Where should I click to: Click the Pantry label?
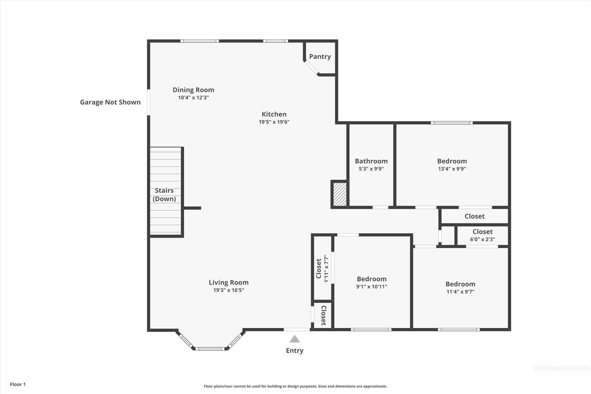point(320,57)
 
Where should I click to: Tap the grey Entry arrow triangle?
point(295,339)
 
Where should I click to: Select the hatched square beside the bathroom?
point(340,195)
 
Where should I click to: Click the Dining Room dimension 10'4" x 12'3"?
point(194,98)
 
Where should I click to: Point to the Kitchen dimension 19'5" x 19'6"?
point(274,122)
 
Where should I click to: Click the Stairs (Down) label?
point(164,195)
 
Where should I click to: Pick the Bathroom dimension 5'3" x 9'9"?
point(371,169)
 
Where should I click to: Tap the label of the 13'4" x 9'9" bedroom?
point(452,161)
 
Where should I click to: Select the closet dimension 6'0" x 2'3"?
point(482,239)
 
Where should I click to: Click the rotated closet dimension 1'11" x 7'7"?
point(326,269)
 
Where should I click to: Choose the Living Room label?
point(229,282)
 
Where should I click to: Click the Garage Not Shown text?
point(110,102)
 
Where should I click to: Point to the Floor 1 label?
point(17,384)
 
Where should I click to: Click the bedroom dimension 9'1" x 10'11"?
point(371,286)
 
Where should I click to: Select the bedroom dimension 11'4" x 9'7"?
point(460,292)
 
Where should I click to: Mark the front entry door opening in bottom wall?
point(296,329)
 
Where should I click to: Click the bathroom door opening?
point(380,207)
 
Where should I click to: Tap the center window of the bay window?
point(210,348)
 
